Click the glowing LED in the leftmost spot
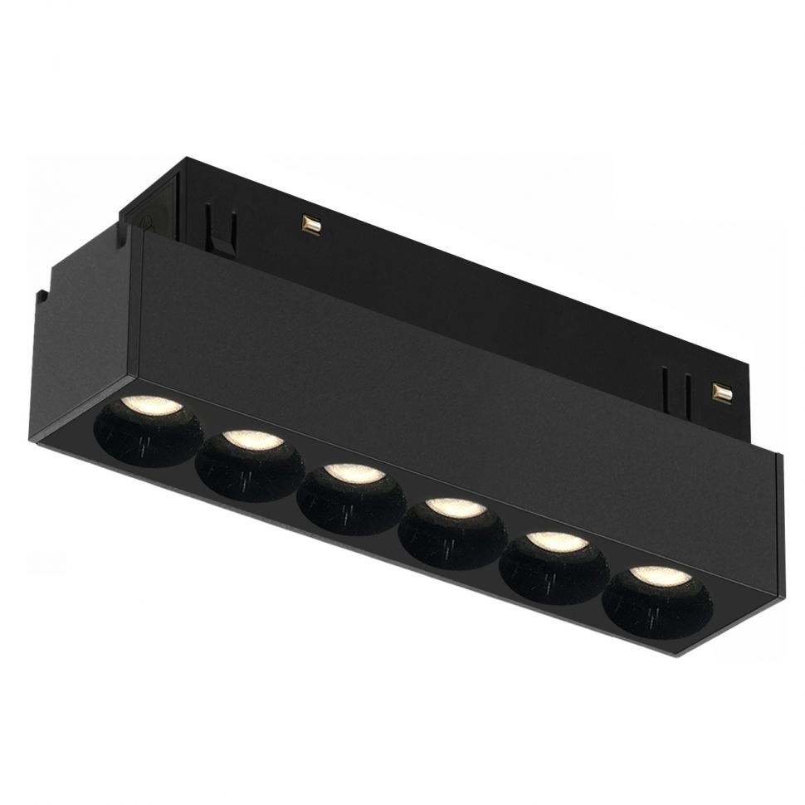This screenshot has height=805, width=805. click(x=149, y=406)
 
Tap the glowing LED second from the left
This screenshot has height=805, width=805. click(x=251, y=439)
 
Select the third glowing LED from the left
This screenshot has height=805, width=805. click(x=354, y=473)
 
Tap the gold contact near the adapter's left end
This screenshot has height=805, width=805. click(x=311, y=223)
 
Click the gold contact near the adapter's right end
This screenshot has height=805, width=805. click(x=721, y=391)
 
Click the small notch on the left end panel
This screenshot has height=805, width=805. click(x=41, y=294)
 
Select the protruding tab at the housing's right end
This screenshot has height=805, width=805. click(x=779, y=531)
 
